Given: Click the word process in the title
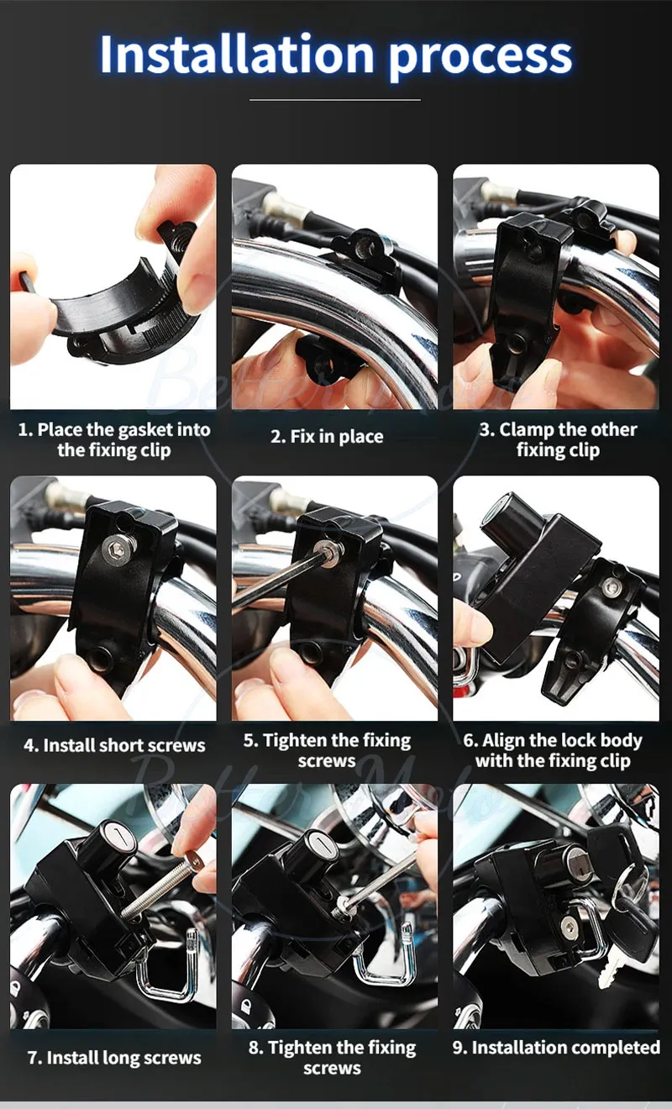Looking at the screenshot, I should [x=480, y=55].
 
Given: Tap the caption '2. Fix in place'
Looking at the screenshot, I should [x=326, y=437].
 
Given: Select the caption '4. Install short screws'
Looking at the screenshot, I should [x=114, y=745].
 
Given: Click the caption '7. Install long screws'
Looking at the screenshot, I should [x=114, y=1058].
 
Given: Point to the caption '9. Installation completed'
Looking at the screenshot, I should [x=556, y=1048].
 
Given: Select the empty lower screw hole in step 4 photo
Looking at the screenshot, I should [x=99, y=657].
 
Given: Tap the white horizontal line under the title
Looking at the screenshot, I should [x=335, y=100].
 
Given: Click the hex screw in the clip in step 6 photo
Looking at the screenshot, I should [x=612, y=586].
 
